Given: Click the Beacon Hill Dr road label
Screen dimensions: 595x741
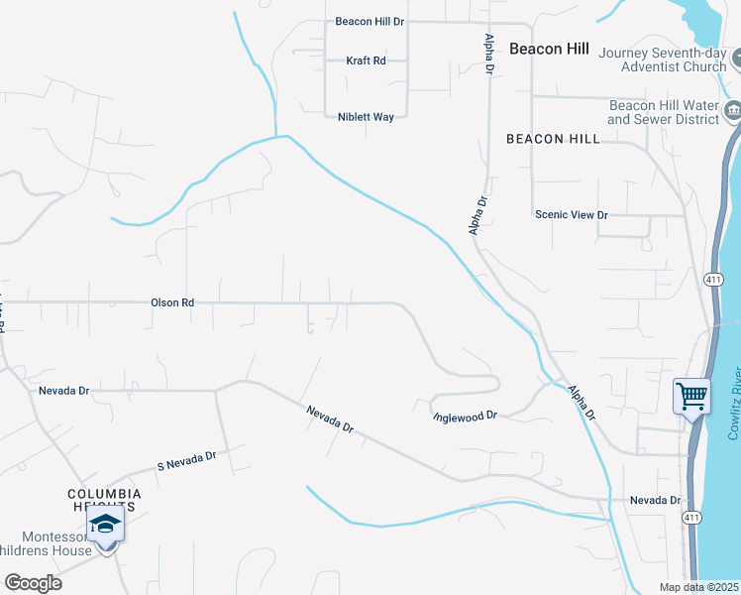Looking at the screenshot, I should pos(370,21).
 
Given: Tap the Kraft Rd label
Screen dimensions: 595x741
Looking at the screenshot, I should pos(366,60).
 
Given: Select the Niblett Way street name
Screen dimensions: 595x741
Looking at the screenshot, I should pos(366,117).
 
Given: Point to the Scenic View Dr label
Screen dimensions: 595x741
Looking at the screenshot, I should pos(571,214).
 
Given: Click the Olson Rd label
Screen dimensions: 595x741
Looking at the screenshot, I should pos(171,302).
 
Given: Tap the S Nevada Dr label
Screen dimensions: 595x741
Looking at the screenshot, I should pos(186,461).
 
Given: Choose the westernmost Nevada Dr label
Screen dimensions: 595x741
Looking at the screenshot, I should pos(63,391).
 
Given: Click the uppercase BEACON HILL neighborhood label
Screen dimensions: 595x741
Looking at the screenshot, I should pos(553,140).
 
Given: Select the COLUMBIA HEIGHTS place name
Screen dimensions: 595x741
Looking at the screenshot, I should pos(104,500).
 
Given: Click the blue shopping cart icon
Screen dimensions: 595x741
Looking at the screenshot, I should pos(691,396).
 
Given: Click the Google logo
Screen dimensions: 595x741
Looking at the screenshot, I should pos(33,582).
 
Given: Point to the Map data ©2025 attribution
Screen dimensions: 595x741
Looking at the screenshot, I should pos(699,587).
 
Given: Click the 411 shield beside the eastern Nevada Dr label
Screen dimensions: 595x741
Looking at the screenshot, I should pos(692,518).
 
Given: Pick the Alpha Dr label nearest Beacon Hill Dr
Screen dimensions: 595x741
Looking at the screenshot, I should pos(489,54).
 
